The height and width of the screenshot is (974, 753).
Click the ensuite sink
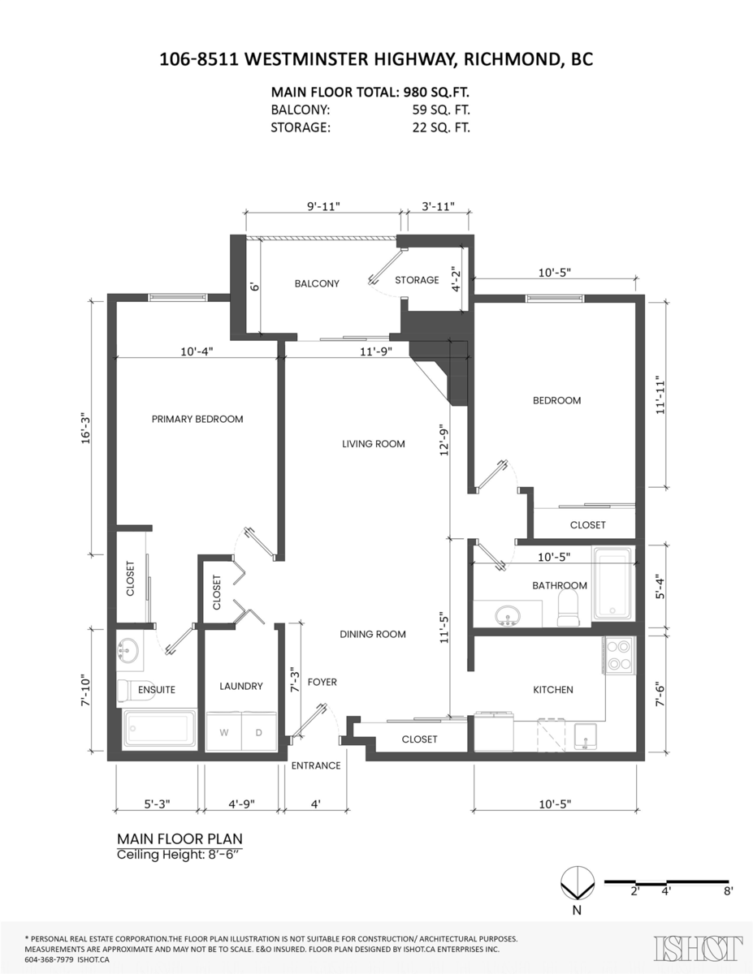click(x=128, y=650)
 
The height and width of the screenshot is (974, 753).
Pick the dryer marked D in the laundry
click(x=259, y=732)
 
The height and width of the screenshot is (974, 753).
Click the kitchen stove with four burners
click(x=619, y=656)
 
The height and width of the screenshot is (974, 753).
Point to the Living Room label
click(x=373, y=444)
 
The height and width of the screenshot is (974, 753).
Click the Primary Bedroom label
click(x=197, y=419)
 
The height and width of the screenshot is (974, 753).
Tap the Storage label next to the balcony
click(x=417, y=280)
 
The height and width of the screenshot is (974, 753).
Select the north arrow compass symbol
click(x=577, y=882)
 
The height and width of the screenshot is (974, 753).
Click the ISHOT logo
click(x=699, y=948)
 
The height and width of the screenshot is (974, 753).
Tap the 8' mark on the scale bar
click(x=727, y=890)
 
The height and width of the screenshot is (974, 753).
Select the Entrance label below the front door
click(x=316, y=765)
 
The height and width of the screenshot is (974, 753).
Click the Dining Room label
click(x=373, y=634)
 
